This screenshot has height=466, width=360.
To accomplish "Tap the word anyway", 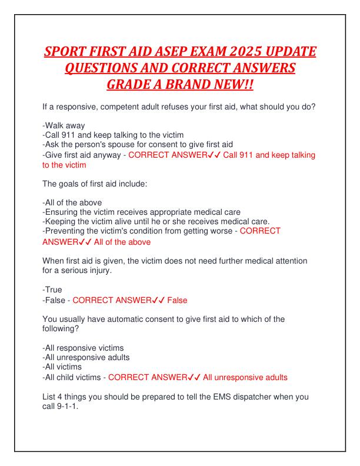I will pyautogui.click(x=109, y=155).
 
